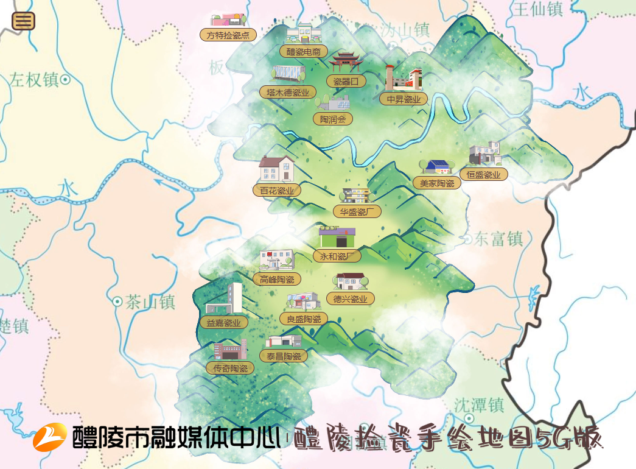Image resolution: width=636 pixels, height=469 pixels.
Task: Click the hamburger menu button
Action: tap(23, 21)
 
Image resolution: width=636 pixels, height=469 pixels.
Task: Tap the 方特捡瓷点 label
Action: tap(228, 35)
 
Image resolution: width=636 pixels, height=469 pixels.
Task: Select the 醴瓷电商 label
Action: tap(303, 51)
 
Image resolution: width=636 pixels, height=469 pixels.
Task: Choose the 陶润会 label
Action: tap(333, 119)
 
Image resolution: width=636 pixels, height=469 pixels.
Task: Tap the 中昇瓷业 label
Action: tap(404, 99)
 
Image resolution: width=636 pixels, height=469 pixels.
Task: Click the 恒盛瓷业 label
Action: tap(484, 175)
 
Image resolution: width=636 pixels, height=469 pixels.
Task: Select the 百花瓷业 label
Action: tap(277, 191)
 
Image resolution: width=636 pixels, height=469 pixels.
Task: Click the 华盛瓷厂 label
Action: tap(357, 211)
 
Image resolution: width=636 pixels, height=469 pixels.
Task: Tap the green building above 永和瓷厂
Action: tap(337, 237)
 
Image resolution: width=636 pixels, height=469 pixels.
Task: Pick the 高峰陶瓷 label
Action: tap(277, 280)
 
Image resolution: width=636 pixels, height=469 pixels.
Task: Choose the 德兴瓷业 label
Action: tap(350, 298)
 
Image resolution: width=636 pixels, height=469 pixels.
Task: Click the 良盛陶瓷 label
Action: tap(304, 319)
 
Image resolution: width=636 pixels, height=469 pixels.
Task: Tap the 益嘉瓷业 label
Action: tap(224, 323)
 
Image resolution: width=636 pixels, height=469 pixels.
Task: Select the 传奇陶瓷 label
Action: tap(230, 368)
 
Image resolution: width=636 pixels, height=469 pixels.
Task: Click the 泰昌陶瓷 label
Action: tap(284, 356)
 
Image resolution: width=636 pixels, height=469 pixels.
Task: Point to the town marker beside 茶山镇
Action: tap(117, 301)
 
